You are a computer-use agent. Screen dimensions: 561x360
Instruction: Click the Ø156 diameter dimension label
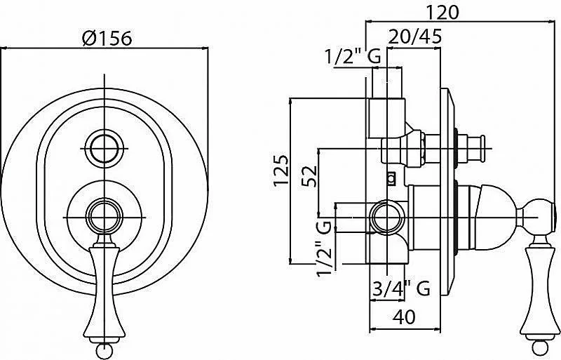[x=107, y=38]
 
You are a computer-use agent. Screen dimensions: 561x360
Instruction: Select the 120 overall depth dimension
[x=442, y=13]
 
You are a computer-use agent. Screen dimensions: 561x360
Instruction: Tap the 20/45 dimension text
[x=414, y=36]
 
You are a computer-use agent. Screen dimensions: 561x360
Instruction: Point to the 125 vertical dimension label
[x=281, y=170]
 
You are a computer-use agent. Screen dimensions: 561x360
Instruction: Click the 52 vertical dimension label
[x=309, y=176]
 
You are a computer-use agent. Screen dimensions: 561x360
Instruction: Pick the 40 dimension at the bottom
[x=405, y=316]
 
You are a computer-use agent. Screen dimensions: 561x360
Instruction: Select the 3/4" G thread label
[x=401, y=288]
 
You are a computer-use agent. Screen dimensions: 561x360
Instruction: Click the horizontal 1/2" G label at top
[x=353, y=56]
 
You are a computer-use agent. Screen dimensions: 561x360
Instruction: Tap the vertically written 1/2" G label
[x=325, y=248]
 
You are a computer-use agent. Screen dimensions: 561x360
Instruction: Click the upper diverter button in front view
[x=104, y=148]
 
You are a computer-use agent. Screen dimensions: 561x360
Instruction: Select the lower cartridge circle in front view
[x=104, y=218]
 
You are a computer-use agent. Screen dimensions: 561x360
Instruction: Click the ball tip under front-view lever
[x=104, y=349]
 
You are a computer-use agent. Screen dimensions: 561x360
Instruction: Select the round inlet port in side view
[x=388, y=218]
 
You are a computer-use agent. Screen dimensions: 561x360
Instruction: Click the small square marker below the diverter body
[x=392, y=178]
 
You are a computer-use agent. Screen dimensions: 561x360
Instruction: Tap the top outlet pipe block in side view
[x=386, y=118]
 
